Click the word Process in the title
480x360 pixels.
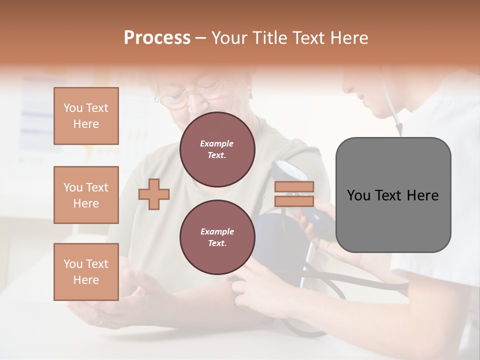(157, 38)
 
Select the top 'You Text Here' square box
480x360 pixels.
(86, 116)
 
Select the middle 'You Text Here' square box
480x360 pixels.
(86, 195)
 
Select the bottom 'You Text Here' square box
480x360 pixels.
(86, 272)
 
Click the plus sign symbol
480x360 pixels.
(154, 194)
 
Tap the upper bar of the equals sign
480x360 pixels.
(294, 186)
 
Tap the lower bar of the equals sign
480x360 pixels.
(294, 201)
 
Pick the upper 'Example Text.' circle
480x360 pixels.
(217, 149)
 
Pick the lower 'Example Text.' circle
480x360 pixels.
(217, 237)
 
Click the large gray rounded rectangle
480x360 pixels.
(393, 195)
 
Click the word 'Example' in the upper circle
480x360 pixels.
(217, 143)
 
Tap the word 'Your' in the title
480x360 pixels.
(227, 38)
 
